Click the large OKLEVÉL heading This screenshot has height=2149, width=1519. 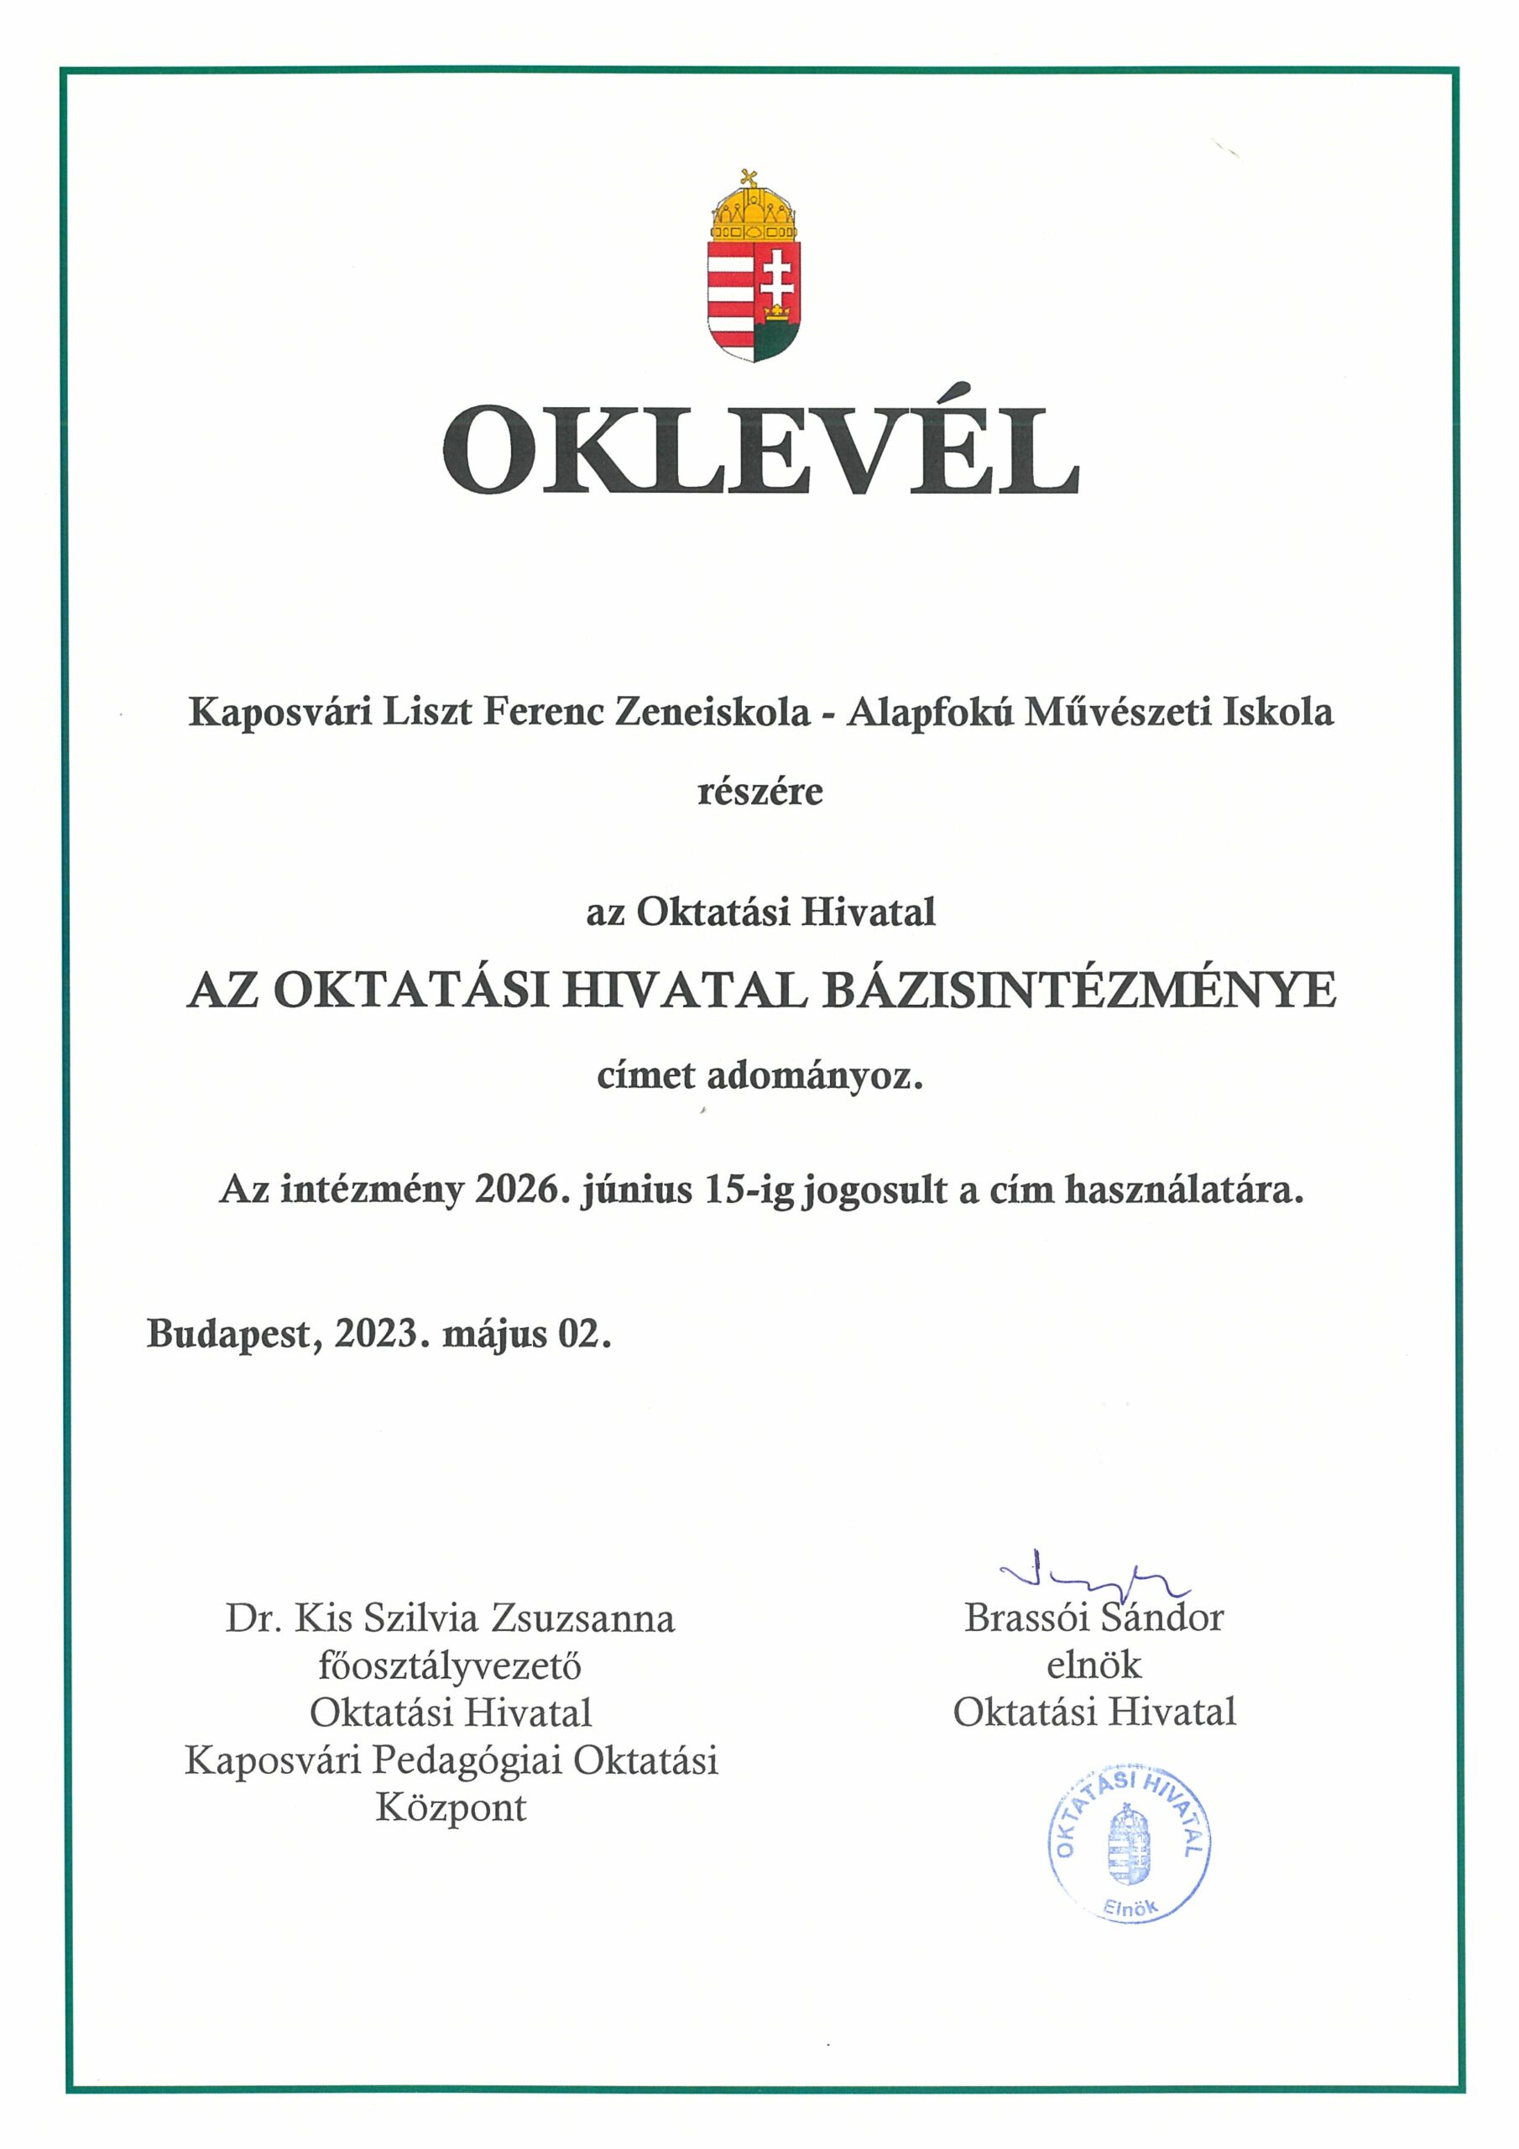[760, 450]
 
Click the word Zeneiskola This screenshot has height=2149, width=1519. [713, 713]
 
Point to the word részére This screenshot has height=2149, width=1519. [760, 792]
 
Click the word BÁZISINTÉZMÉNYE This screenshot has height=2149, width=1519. [1079, 991]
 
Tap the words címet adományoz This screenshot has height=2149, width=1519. [760, 1076]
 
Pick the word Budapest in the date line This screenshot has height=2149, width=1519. [227, 1335]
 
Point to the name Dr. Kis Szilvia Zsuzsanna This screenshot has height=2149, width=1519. [449, 1618]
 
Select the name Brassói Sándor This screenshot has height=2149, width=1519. [1094, 1618]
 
